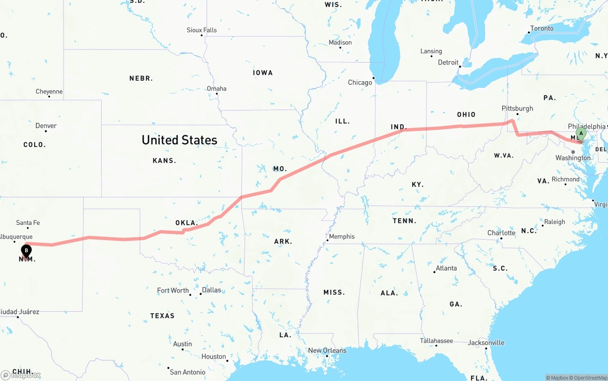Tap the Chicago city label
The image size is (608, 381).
point(360,83)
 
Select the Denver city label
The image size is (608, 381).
point(46,126)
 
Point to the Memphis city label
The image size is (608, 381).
point(342,236)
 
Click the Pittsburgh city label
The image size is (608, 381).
point(517,108)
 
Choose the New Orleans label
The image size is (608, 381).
point(327,351)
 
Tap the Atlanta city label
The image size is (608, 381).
point(446,268)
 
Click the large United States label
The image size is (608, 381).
point(180,140)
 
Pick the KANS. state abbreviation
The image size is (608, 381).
point(164,161)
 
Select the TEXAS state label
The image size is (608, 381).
point(162,316)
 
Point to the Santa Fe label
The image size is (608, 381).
point(28,223)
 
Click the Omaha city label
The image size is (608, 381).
point(217,89)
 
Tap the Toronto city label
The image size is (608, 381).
point(541,28)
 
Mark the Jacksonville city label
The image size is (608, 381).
point(486,343)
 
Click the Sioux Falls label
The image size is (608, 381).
point(201,30)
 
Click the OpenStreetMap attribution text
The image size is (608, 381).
point(589,378)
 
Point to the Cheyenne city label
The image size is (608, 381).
point(49,92)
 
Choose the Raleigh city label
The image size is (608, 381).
point(554,222)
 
